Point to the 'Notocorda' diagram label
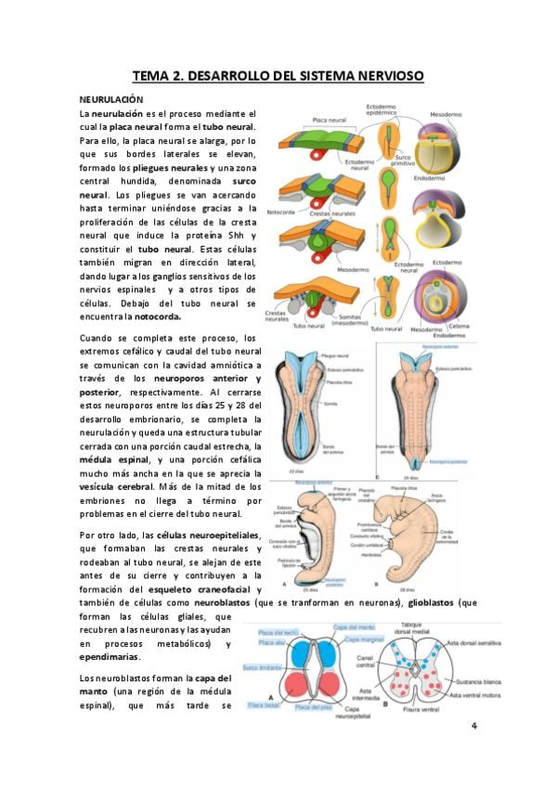point(279,212)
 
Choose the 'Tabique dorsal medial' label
point(410,629)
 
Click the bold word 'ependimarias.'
point(111,658)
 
